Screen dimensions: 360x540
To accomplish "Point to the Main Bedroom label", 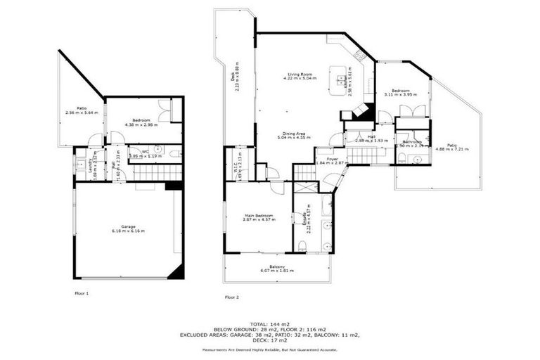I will click(259, 217).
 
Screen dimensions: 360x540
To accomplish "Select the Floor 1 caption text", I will click(82, 292).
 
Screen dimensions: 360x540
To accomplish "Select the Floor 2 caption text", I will click(232, 297).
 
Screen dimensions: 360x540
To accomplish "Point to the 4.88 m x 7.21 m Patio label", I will click(451, 147).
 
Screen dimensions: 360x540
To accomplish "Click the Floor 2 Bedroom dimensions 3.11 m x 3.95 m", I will click(401, 94).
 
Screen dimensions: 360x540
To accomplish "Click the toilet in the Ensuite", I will click(302, 245).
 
